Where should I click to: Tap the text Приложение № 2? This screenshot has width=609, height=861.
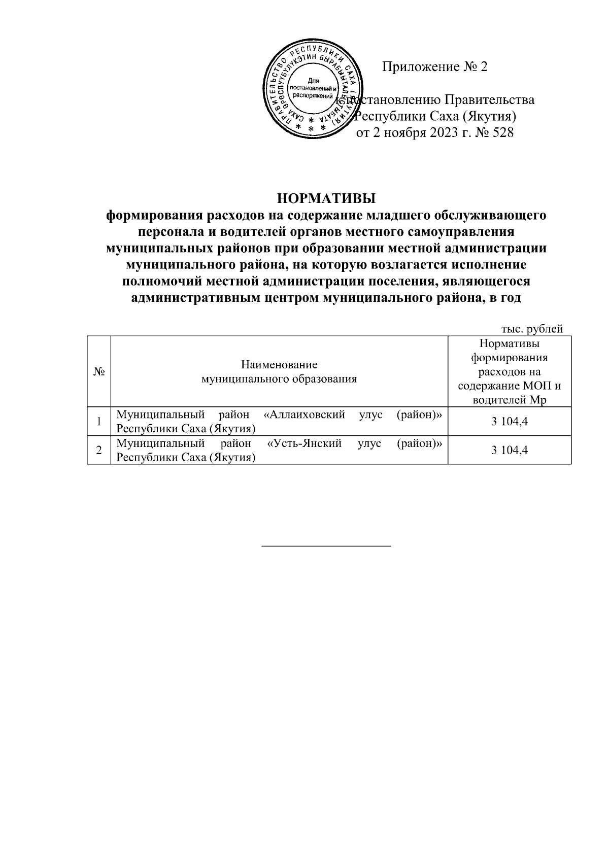434,67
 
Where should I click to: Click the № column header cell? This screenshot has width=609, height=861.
99,371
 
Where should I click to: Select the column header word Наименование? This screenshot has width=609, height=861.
279,364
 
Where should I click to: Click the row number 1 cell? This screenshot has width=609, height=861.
99,421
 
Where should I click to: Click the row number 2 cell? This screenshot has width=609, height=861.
99,450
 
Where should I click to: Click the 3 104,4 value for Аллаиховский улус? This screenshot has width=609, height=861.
510,421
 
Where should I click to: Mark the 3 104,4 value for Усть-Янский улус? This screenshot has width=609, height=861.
510,450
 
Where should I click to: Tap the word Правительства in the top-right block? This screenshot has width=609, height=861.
490,100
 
